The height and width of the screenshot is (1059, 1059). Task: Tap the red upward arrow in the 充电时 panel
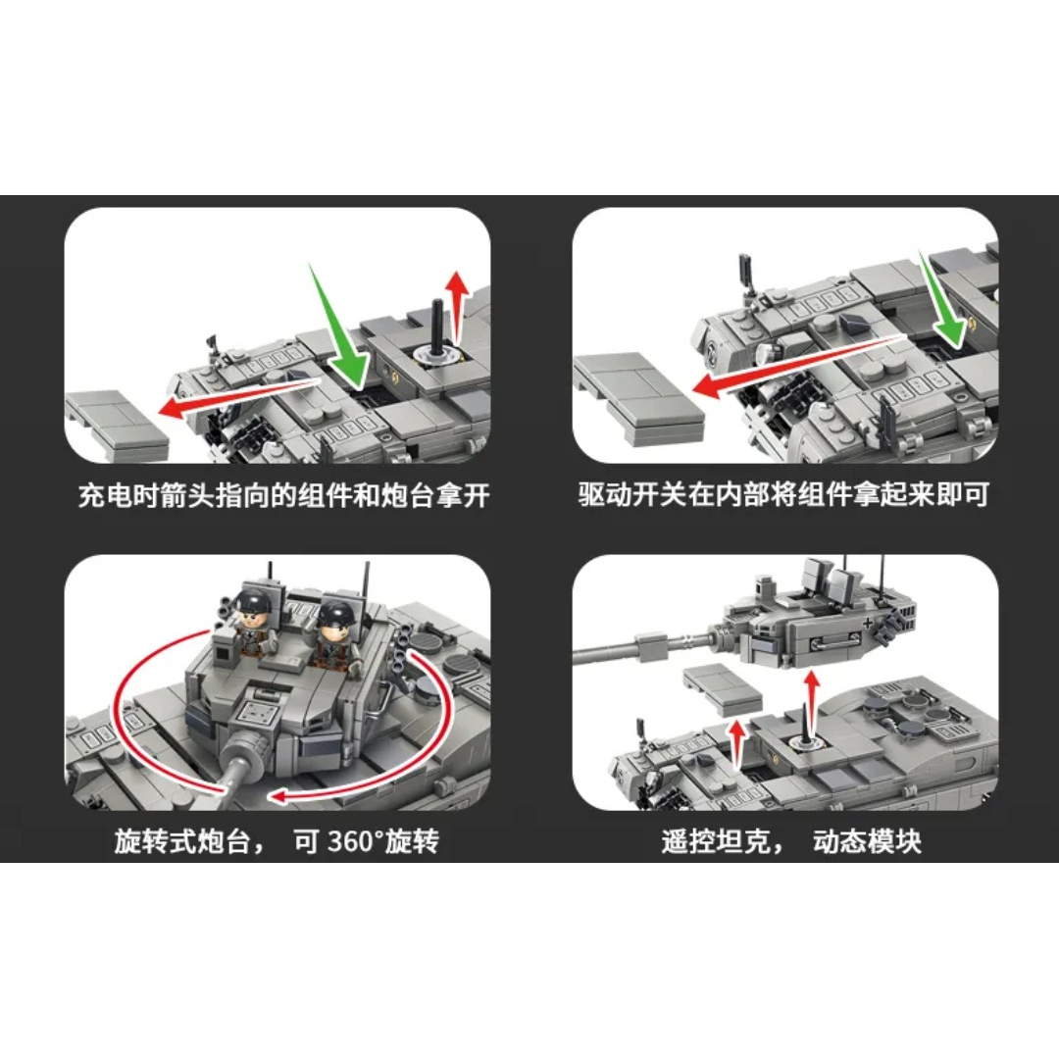click(x=459, y=306)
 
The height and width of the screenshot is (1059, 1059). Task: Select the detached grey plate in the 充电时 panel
click(x=116, y=425)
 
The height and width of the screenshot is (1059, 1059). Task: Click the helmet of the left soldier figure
click(x=253, y=600)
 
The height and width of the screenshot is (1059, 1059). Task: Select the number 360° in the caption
click(x=355, y=841)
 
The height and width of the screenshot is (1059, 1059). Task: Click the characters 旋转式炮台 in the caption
click(x=182, y=841)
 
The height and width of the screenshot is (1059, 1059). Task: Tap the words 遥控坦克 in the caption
click(x=716, y=841)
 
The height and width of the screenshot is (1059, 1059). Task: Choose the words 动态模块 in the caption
click(x=867, y=841)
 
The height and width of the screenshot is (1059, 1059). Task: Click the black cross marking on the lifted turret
click(x=868, y=623)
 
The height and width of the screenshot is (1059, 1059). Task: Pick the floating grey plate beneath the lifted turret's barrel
click(x=723, y=689)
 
